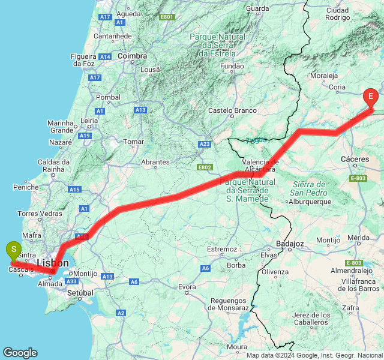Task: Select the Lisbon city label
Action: [52, 263]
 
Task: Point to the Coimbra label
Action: [133, 56]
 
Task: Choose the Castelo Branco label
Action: [232, 110]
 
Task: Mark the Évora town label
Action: [187, 287]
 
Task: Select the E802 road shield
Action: [205, 167]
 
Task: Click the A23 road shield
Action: [205, 144]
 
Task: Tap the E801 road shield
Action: [167, 17]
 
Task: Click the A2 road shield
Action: [121, 313]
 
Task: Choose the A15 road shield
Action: [74, 190]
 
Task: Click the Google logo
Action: [20, 353]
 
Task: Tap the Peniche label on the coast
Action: [26, 187]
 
